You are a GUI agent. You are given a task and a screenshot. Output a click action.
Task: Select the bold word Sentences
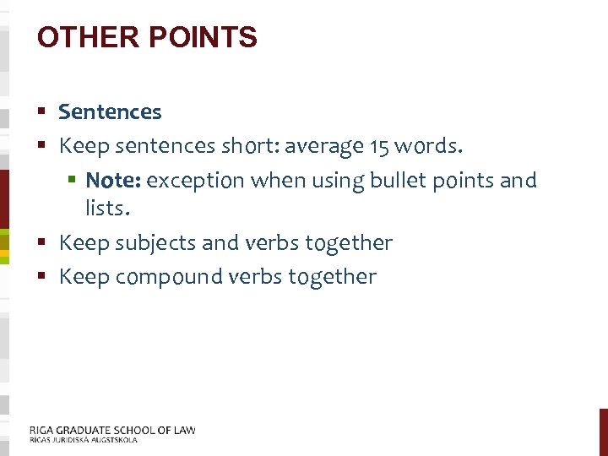110,111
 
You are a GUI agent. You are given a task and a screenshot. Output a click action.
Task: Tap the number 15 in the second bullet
379,147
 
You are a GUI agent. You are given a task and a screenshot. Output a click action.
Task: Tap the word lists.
106,208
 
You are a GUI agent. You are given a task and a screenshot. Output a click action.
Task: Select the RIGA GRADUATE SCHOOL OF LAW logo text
112,430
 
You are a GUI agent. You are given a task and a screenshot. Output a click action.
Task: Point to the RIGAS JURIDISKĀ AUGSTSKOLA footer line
83,440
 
